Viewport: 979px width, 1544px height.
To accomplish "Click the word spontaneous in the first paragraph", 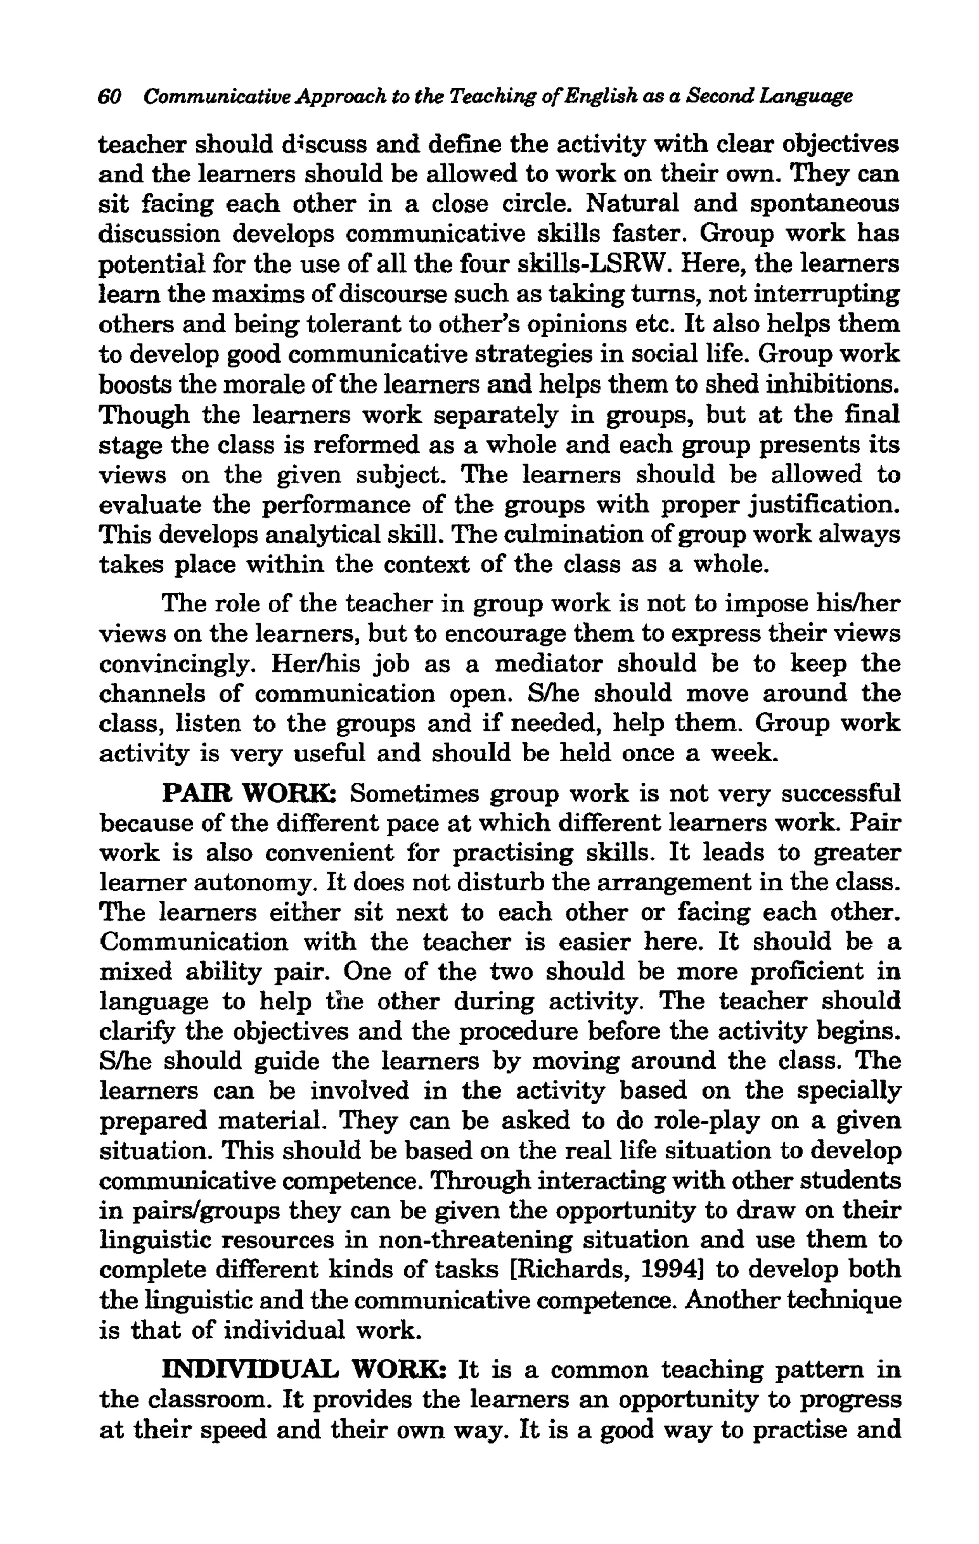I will pyautogui.click(x=825, y=204).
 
